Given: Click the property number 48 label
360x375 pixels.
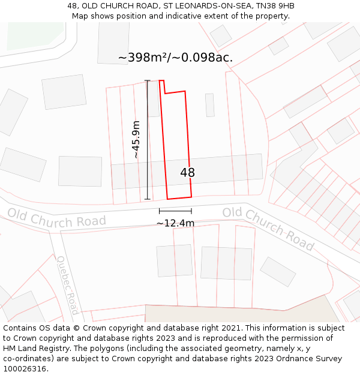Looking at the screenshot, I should (187, 173).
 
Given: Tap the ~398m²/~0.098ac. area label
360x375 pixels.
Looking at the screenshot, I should (175, 58).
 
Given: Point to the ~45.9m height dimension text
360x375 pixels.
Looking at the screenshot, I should (136, 139).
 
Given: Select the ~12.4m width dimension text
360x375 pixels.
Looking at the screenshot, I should (175, 223).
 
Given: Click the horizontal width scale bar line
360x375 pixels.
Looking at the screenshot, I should (175, 211).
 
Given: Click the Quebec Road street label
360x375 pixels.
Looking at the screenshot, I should (67, 284).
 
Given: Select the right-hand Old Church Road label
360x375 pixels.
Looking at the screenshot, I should (268, 228).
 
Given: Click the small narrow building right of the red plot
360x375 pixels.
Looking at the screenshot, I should (209, 105).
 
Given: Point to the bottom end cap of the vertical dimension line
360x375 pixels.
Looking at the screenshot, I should (148, 199).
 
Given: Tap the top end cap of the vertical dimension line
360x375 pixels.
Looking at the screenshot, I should (148, 80).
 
